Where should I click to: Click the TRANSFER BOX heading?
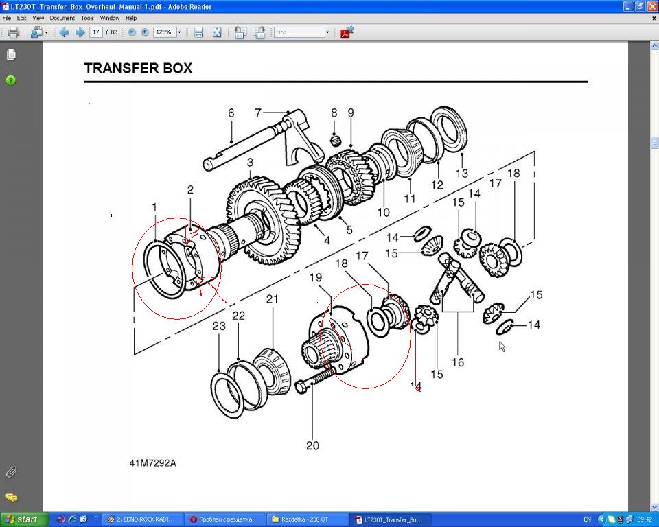pos(138,69)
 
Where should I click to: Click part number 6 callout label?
pos(231,113)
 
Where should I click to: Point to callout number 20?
pos(312,446)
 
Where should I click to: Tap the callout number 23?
pos(218,327)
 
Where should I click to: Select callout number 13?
pos(462,174)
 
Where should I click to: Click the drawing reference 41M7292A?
pos(152,463)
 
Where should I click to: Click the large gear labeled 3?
pos(254,220)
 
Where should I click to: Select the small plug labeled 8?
pos(336,141)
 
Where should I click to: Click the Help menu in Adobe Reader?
pos(130,18)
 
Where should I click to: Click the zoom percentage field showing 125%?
pos(164,32)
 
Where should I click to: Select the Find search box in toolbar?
pos(299,32)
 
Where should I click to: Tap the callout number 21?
pos(273,299)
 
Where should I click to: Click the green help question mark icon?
pos(11,80)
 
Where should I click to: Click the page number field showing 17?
pos(96,32)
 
